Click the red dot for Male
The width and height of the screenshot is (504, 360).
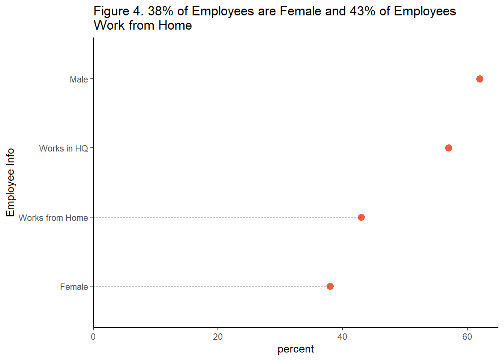pyautogui.click(x=479, y=79)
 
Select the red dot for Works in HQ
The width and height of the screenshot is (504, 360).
pyautogui.click(x=448, y=148)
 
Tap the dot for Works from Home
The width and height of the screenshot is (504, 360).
pyautogui.click(x=361, y=217)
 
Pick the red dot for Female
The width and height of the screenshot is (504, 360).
pyautogui.click(x=330, y=286)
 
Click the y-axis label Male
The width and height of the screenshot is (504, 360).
pyautogui.click(x=79, y=79)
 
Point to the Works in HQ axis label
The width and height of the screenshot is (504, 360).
pyautogui.click(x=63, y=148)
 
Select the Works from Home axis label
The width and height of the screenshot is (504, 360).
pyautogui.click(x=53, y=218)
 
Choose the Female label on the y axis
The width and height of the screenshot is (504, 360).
pyautogui.click(x=74, y=287)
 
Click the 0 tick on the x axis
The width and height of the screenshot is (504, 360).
pyautogui.click(x=93, y=337)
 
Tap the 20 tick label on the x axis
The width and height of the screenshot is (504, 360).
pyautogui.click(x=218, y=337)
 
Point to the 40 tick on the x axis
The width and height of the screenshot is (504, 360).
pyautogui.click(x=342, y=337)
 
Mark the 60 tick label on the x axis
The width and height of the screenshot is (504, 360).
pyautogui.click(x=467, y=337)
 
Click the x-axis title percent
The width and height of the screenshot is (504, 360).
pyautogui.click(x=295, y=349)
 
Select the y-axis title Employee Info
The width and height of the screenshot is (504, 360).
pyautogui.click(x=10, y=182)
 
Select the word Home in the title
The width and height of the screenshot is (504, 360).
pyautogui.click(x=175, y=25)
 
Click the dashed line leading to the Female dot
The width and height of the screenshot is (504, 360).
pyautogui.click(x=210, y=286)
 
